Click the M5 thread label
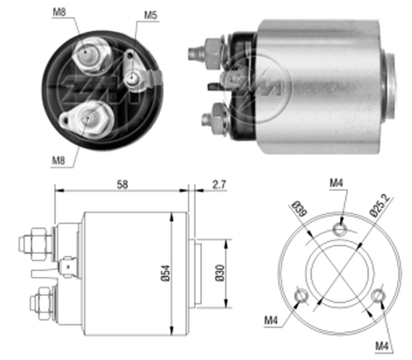tap(150, 14)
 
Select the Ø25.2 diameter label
tap(378, 205)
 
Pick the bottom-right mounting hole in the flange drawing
tap(376, 296)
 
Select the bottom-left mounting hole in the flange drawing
tap(299, 296)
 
